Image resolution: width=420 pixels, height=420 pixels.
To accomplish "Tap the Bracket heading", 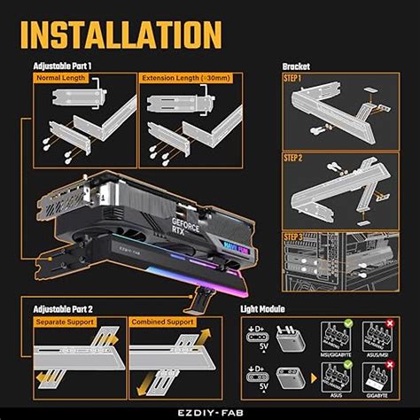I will point(295,66).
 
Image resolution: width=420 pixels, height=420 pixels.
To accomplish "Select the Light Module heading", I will point(264,309).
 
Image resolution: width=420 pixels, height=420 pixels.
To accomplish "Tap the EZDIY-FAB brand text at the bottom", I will point(210,411).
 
